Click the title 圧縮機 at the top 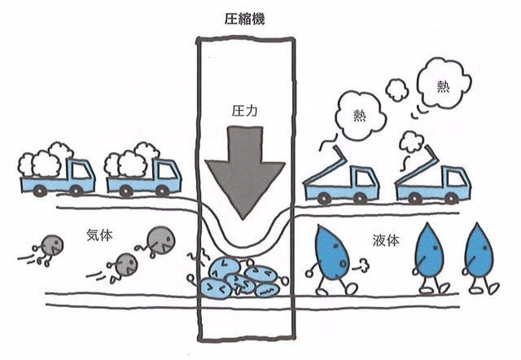coord(244,19)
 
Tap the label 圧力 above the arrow coord(244,111)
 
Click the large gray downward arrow coord(245,172)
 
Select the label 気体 coord(99,235)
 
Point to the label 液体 coord(386,240)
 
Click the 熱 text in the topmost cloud coord(443,87)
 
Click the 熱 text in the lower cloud coord(360,116)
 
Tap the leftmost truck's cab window coord(81,171)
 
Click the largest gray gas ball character coord(161,240)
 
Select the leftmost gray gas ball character coord(52,245)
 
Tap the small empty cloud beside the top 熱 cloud coord(396,90)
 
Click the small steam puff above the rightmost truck coord(411,142)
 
